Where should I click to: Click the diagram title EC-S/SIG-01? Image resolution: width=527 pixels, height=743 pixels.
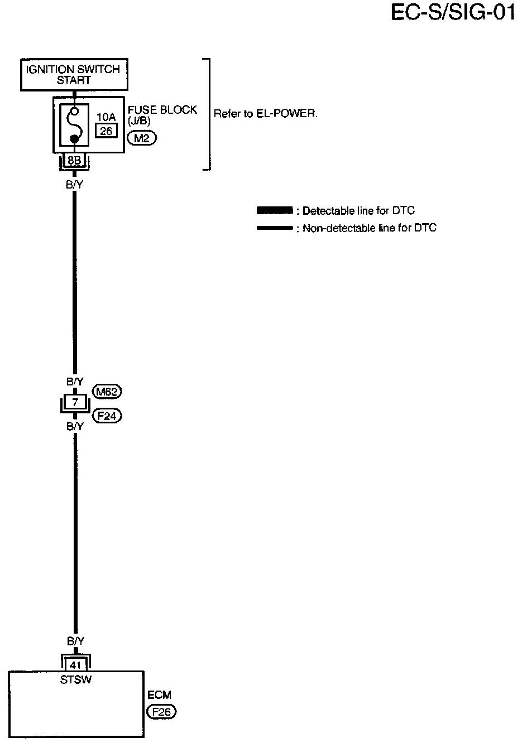[453, 12]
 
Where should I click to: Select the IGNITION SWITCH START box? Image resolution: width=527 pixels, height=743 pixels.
[74, 75]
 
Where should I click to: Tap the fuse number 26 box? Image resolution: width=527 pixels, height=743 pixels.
[106, 131]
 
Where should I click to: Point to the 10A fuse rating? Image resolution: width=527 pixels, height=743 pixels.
[106, 118]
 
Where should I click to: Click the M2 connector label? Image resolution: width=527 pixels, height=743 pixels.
[142, 138]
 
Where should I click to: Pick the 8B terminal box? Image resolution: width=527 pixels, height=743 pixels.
[74, 161]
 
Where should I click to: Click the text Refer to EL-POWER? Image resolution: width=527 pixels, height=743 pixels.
[266, 114]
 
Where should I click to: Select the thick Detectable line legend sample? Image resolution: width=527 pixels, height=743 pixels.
[275, 211]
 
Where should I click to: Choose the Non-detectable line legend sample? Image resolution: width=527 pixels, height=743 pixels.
[275, 228]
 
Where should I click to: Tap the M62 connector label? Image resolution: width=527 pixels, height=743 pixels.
[106, 392]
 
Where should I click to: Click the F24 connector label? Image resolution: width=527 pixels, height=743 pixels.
[107, 416]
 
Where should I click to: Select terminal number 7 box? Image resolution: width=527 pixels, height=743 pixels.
[75, 402]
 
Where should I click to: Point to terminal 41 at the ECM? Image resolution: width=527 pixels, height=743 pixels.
[75, 665]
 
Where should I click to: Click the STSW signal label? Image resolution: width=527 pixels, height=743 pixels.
[76, 679]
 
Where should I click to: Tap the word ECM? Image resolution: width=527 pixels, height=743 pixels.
[159, 695]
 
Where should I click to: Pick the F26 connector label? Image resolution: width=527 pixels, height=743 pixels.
[161, 711]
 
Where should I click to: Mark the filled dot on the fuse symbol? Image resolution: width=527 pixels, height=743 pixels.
[74, 139]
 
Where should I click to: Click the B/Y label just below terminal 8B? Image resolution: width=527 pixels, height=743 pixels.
[74, 185]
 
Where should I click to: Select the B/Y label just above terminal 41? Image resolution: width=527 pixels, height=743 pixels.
[75, 641]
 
